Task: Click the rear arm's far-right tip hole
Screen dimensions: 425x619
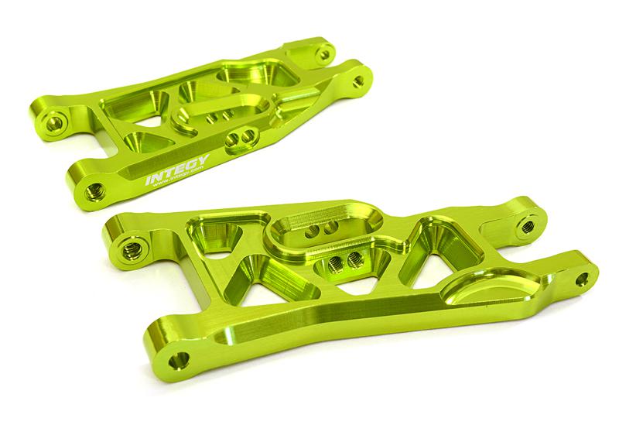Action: pyautogui.click(x=359, y=80)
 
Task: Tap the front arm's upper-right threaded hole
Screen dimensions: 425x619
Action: pyautogui.click(x=527, y=228)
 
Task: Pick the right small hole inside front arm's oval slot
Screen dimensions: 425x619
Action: pyautogui.click(x=329, y=228)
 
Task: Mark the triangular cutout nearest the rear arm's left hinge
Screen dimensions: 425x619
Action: pyautogui.click(x=142, y=144)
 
